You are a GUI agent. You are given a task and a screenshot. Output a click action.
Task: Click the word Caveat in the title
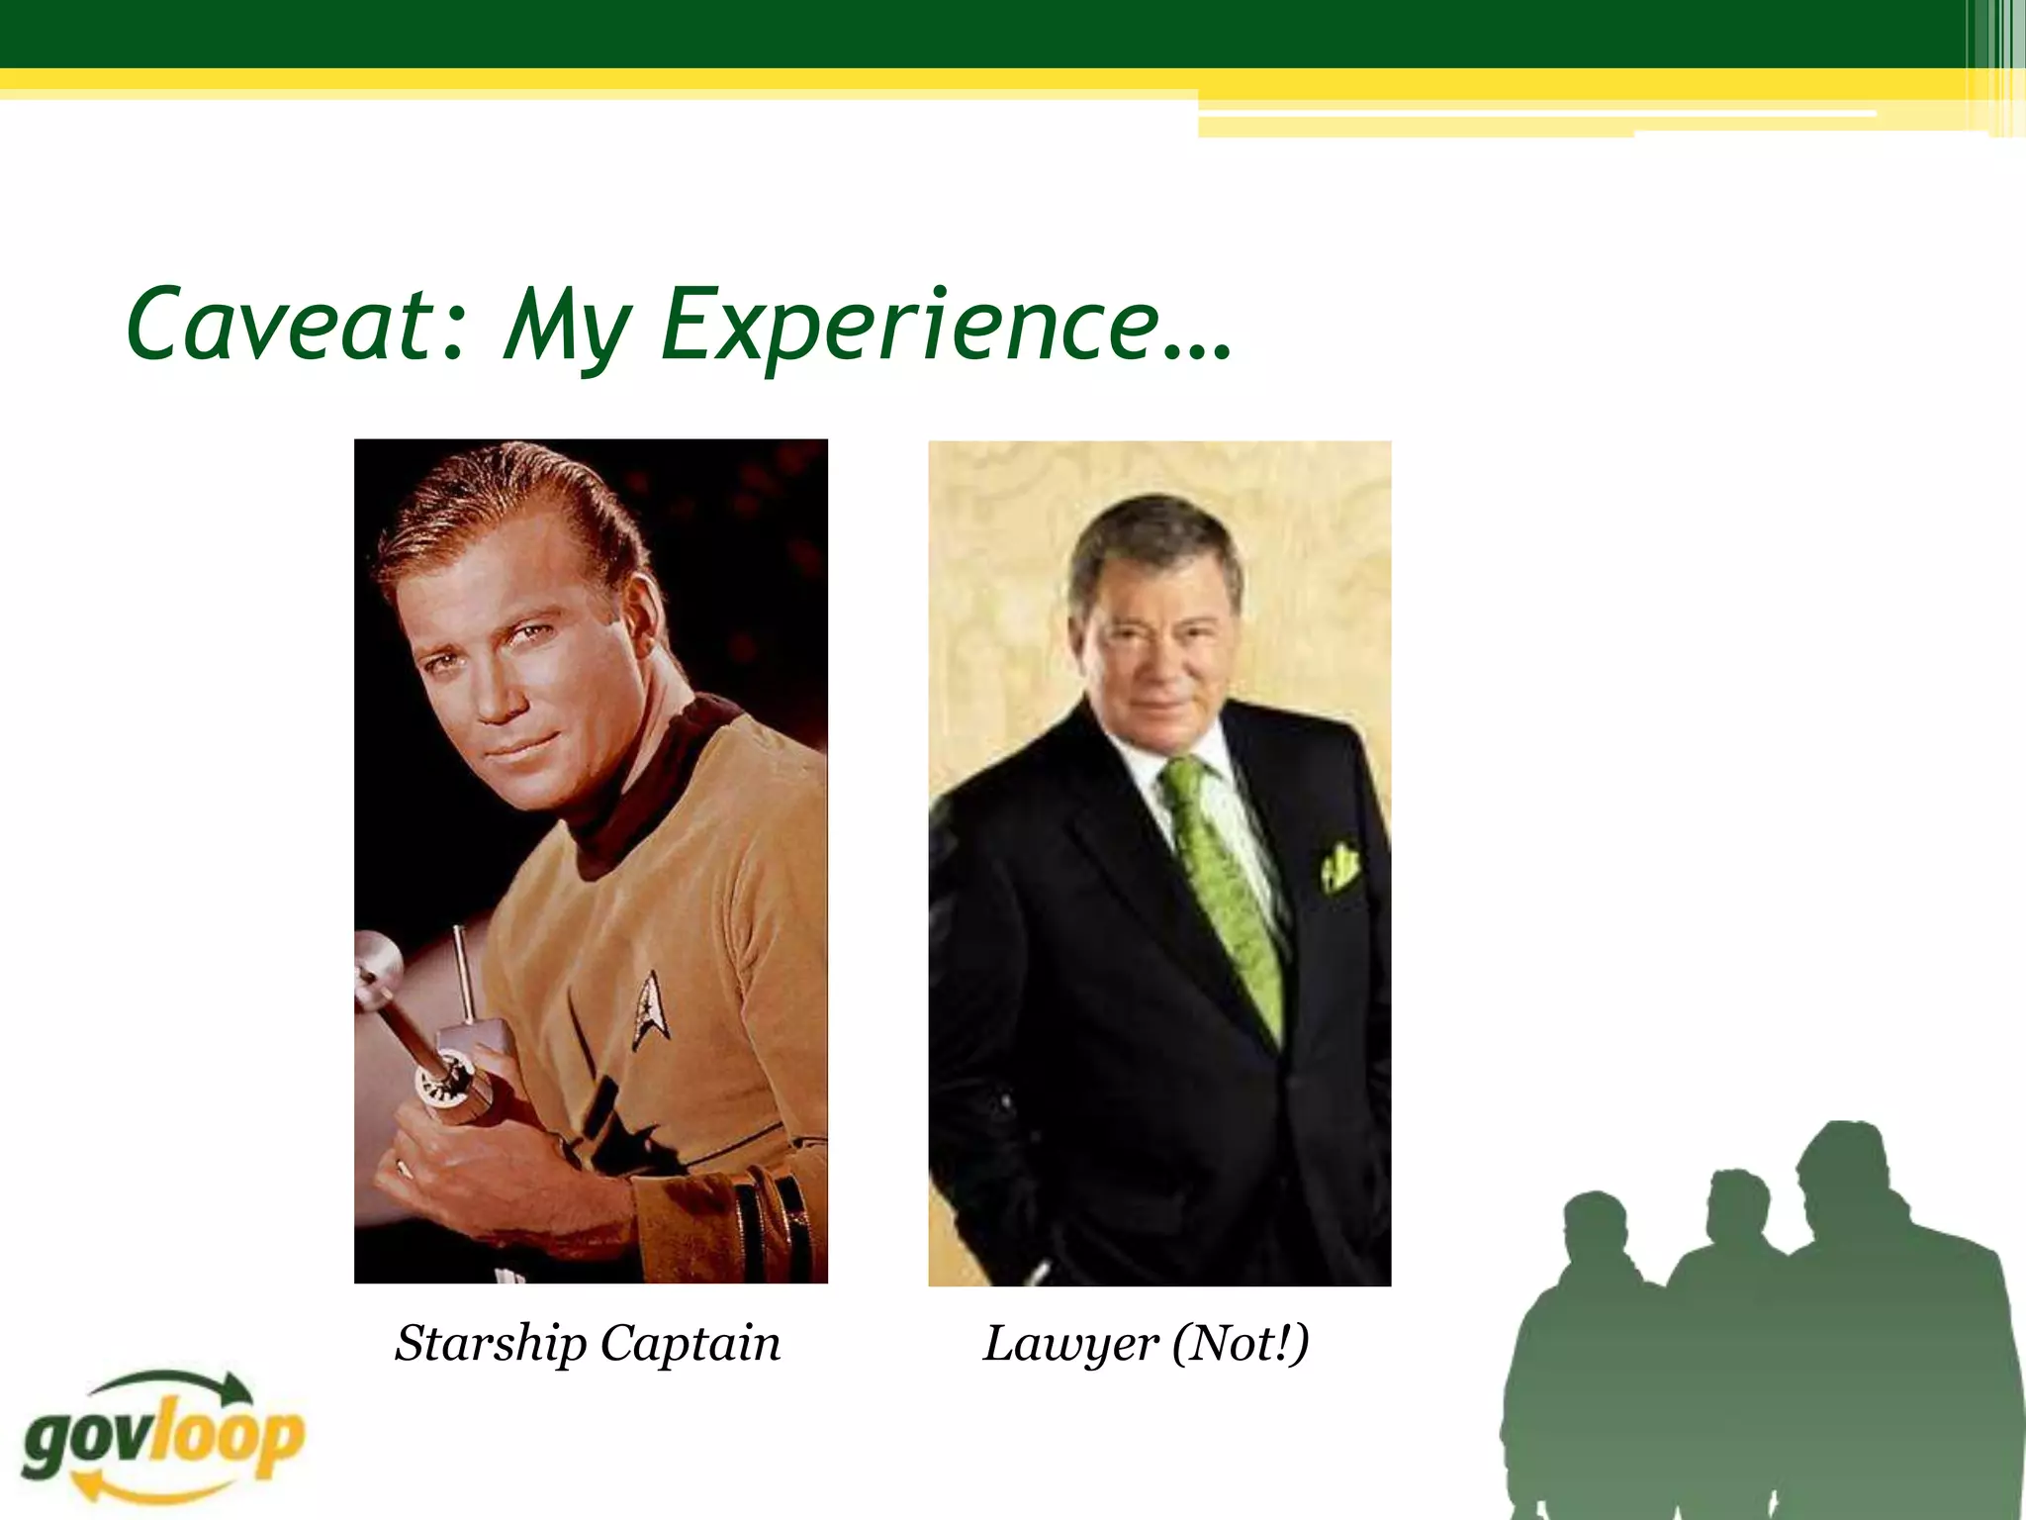[x=282, y=325]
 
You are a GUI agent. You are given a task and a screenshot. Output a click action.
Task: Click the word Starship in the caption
[x=490, y=1344]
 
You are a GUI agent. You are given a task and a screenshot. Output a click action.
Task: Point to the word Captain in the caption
[x=690, y=1344]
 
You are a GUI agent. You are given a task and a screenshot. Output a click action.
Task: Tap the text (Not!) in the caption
[x=1241, y=1344]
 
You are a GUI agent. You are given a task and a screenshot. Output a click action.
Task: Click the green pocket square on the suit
[x=1339, y=865]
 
